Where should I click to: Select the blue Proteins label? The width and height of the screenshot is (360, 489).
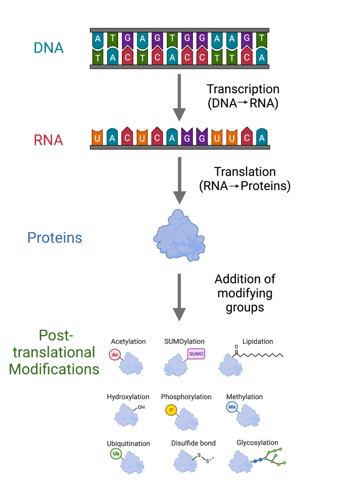55,238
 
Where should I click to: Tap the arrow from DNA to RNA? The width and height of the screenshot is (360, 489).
179,96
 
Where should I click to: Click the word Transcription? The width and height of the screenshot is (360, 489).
243,89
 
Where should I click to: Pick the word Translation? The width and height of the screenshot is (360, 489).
245,172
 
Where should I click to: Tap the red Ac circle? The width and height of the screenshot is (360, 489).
115,354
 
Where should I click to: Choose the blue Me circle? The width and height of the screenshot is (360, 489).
231,407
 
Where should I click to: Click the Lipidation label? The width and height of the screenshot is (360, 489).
257,341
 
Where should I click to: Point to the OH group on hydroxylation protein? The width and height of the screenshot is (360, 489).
141,407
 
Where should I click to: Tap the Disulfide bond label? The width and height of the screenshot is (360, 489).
193,443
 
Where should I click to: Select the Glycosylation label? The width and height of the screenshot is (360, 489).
257,443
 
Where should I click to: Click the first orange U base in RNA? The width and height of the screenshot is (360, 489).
98,138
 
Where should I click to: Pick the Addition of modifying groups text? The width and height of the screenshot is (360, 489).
245,293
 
